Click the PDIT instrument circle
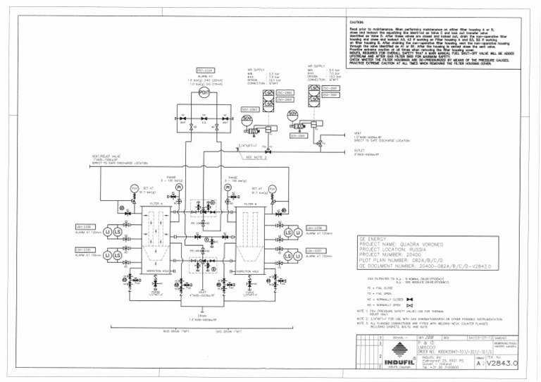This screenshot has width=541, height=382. click(204, 92)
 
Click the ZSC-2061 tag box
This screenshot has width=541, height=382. click(330, 88)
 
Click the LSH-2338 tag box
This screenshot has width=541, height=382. click(315, 228)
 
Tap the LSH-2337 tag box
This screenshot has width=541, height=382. click(315, 250)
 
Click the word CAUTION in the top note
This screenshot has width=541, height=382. click(356, 23)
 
